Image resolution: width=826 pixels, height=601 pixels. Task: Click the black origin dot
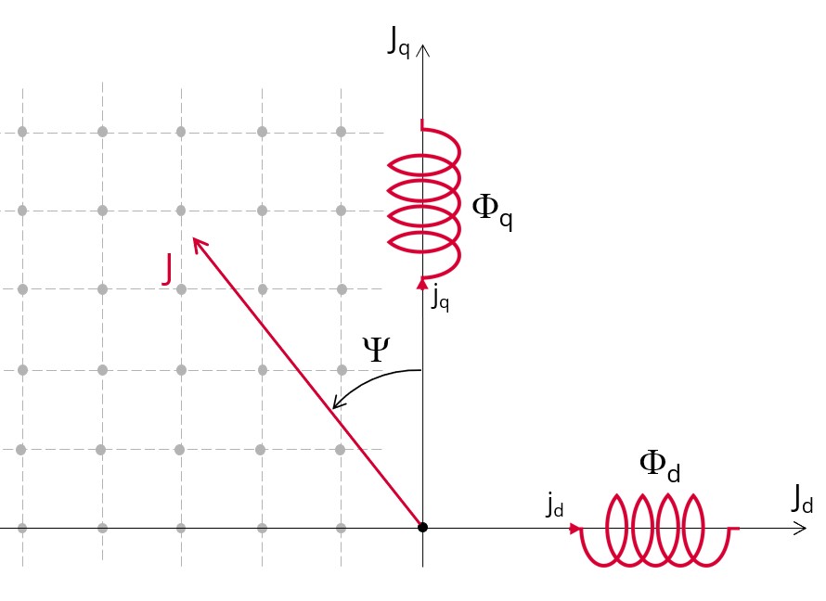point(422,528)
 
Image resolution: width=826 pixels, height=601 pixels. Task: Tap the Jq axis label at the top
point(398,41)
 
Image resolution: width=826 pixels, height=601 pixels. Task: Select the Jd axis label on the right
point(802,498)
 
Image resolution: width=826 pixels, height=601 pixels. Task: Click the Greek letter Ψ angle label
point(376,349)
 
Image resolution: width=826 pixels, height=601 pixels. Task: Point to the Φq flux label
point(492,211)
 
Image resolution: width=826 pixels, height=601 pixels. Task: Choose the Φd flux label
point(660,467)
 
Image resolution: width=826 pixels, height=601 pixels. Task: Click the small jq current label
point(441,299)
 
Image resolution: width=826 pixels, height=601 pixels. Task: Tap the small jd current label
point(555,505)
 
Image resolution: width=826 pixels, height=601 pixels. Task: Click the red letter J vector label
point(167,269)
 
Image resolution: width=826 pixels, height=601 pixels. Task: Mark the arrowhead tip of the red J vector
point(193,238)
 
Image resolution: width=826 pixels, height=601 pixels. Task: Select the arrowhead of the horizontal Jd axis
point(806,528)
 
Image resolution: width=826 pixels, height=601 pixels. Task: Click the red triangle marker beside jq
point(422,283)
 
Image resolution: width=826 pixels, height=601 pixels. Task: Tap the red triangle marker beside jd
point(575,528)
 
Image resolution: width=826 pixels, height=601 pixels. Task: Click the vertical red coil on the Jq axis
point(424,201)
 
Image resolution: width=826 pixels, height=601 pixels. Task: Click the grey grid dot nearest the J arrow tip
point(181,211)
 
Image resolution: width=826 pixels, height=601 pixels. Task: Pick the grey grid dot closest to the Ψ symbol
point(342,370)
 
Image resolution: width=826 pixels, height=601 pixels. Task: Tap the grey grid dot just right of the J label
point(181,289)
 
